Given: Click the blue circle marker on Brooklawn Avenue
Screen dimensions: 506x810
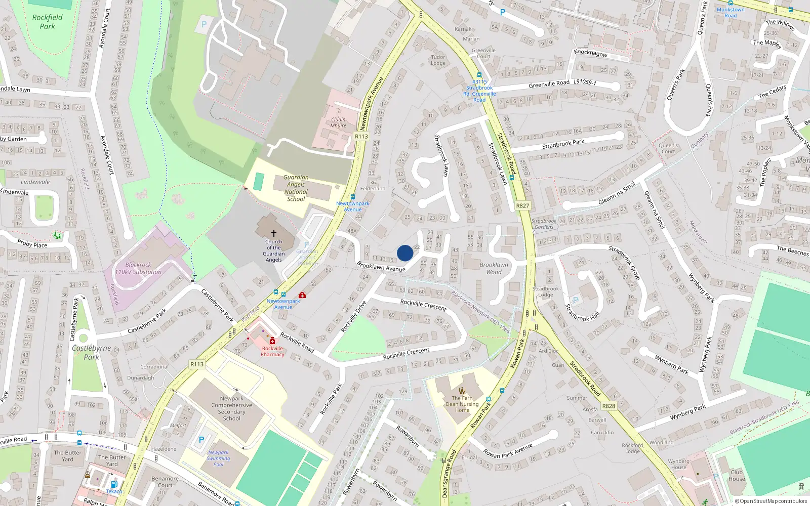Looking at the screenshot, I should [x=405, y=253].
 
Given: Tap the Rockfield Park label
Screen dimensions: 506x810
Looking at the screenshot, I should [x=48, y=22].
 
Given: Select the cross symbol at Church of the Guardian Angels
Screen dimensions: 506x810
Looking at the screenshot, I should [x=274, y=233].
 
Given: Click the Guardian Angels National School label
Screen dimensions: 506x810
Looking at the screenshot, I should [x=296, y=188].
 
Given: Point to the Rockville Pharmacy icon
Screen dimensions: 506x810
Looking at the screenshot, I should [x=272, y=341].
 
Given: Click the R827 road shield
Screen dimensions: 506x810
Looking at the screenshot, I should [x=522, y=206].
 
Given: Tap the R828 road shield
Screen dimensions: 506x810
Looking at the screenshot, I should [x=609, y=406].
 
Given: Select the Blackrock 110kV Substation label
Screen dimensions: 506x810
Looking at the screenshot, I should [x=138, y=268].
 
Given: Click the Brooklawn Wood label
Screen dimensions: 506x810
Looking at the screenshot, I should [x=494, y=268].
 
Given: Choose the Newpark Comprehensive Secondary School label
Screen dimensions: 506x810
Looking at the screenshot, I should [x=231, y=408].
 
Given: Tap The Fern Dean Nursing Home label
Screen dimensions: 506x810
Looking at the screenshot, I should [x=462, y=404].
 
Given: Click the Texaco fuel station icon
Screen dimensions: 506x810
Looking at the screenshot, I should [x=114, y=484].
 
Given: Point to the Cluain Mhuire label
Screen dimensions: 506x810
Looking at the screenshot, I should [x=338, y=122].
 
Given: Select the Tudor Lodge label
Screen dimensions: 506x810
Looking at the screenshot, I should [x=438, y=60].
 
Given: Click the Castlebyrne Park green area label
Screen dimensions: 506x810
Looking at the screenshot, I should [x=91, y=352].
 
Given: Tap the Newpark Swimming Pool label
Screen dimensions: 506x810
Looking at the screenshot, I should [x=218, y=458].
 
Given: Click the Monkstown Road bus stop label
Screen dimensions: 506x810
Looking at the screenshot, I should [x=730, y=13].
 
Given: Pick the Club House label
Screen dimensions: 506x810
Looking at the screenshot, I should [x=737, y=475].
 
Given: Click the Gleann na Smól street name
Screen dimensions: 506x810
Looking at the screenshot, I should [x=617, y=194].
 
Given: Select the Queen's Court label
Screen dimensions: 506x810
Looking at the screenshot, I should [x=668, y=148].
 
